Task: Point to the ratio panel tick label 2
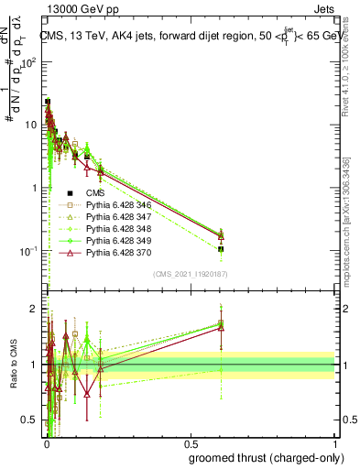coord(33,309)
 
